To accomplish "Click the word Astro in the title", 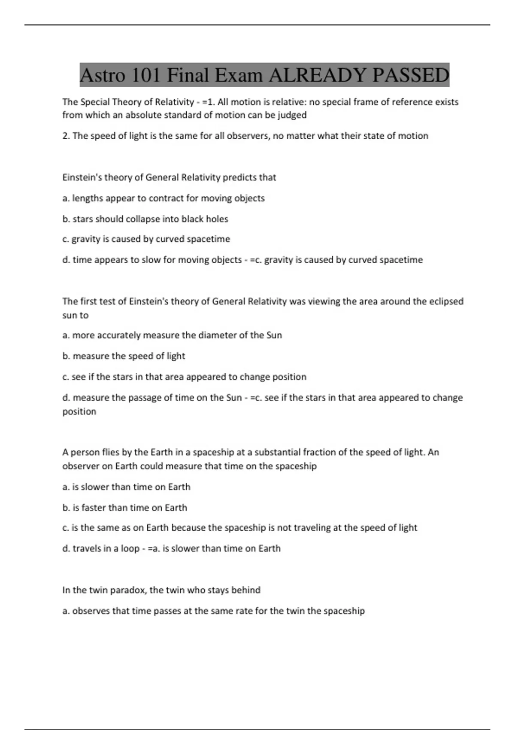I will coord(103,76).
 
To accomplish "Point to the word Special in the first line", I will coord(95,102).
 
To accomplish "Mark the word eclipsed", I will coord(445,301).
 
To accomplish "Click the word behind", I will coord(246,590).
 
